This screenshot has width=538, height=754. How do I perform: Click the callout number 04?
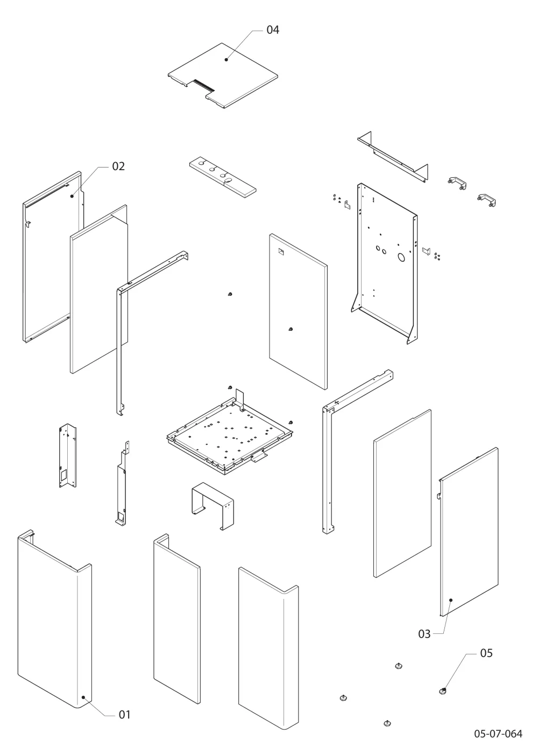click(273, 30)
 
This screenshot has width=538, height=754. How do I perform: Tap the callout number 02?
click(118, 166)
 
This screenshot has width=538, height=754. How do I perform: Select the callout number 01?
click(124, 714)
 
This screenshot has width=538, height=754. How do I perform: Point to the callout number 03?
click(424, 634)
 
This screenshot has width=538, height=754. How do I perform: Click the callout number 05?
click(486, 653)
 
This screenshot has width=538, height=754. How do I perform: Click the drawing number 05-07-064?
click(498, 734)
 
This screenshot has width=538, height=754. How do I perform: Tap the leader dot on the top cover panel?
click(226, 60)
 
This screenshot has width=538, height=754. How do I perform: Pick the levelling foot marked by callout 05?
click(443, 691)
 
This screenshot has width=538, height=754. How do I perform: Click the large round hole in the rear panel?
click(401, 257)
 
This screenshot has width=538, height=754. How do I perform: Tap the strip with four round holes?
click(223, 177)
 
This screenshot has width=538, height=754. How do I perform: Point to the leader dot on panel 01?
click(83, 697)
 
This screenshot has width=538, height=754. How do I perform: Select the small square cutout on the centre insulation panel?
click(281, 251)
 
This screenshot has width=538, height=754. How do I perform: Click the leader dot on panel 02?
click(72, 196)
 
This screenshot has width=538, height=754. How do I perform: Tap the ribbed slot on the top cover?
click(203, 86)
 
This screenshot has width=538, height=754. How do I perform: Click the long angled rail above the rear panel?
click(392, 157)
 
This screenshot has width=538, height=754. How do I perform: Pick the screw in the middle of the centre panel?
click(291, 329)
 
